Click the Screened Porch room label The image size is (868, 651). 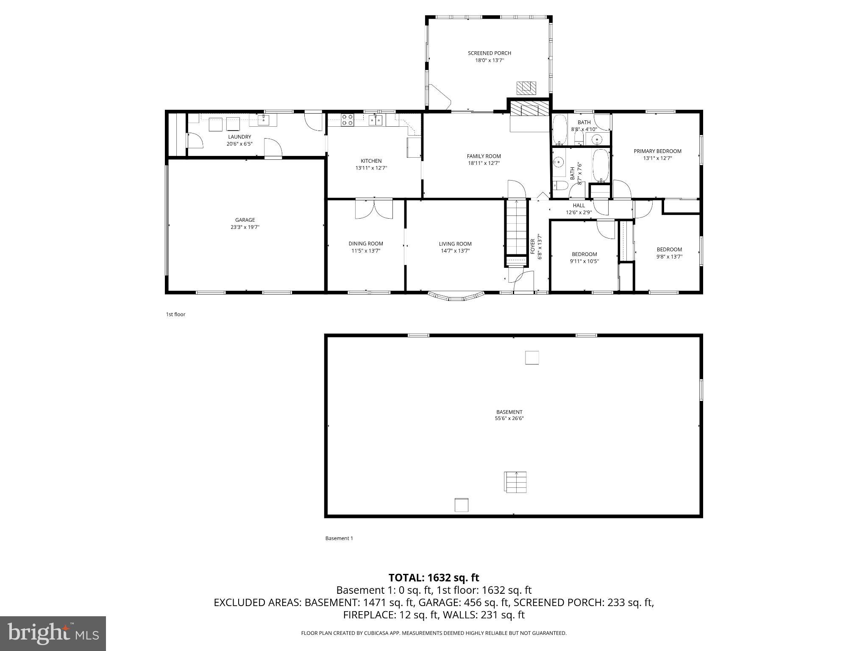pyautogui.click(x=489, y=53)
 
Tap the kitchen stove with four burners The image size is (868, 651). pyautogui.click(x=347, y=120)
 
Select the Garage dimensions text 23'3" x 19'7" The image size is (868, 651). pyautogui.click(x=245, y=227)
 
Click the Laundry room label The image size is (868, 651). pyautogui.click(x=239, y=137)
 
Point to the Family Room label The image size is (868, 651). pyautogui.click(x=484, y=156)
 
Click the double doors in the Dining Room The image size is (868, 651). pyautogui.click(x=374, y=209)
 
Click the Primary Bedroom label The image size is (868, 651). pyautogui.click(x=657, y=151)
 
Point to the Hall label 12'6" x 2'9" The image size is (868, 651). pyautogui.click(x=579, y=209)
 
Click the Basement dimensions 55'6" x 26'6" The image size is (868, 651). pyautogui.click(x=509, y=419)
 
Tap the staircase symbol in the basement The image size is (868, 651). pyautogui.click(x=516, y=482)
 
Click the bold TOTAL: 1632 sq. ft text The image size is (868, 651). pyautogui.click(x=434, y=578)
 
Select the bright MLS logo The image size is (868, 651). pyautogui.click(x=53, y=634)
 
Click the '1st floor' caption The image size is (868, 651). pyautogui.click(x=175, y=314)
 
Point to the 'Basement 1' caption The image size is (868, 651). pyautogui.click(x=339, y=538)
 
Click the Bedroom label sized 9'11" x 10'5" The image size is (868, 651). pyautogui.click(x=584, y=254)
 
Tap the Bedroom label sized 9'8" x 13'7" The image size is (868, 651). pyautogui.click(x=669, y=250)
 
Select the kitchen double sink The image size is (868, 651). pyautogui.click(x=376, y=120)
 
